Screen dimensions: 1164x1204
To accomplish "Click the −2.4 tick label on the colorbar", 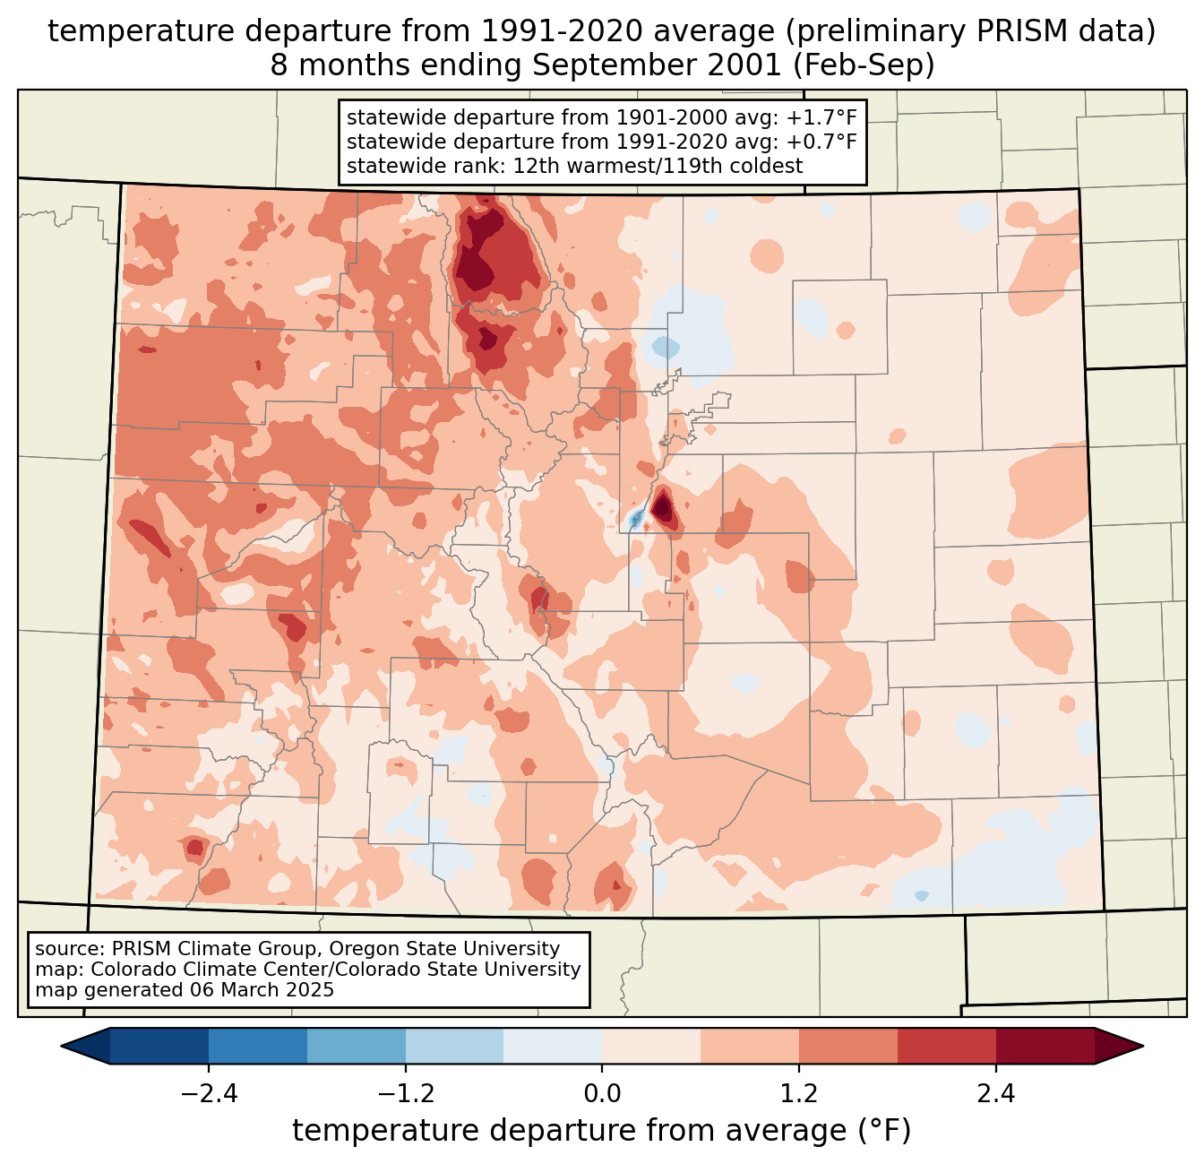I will point(208,1094).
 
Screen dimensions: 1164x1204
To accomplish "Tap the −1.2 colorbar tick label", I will point(405,1094).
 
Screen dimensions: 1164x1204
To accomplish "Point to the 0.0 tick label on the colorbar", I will point(602,1094).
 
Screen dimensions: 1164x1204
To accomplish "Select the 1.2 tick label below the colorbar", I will point(799,1094).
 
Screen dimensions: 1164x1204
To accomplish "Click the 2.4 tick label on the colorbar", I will point(996,1094).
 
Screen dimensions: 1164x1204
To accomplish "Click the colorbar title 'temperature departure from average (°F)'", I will point(602,1131).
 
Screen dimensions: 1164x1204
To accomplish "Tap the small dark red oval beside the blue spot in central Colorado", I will point(664,508).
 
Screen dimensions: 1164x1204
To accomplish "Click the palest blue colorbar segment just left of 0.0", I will point(553,1046).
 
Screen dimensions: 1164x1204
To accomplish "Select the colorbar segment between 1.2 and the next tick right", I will point(848,1046).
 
